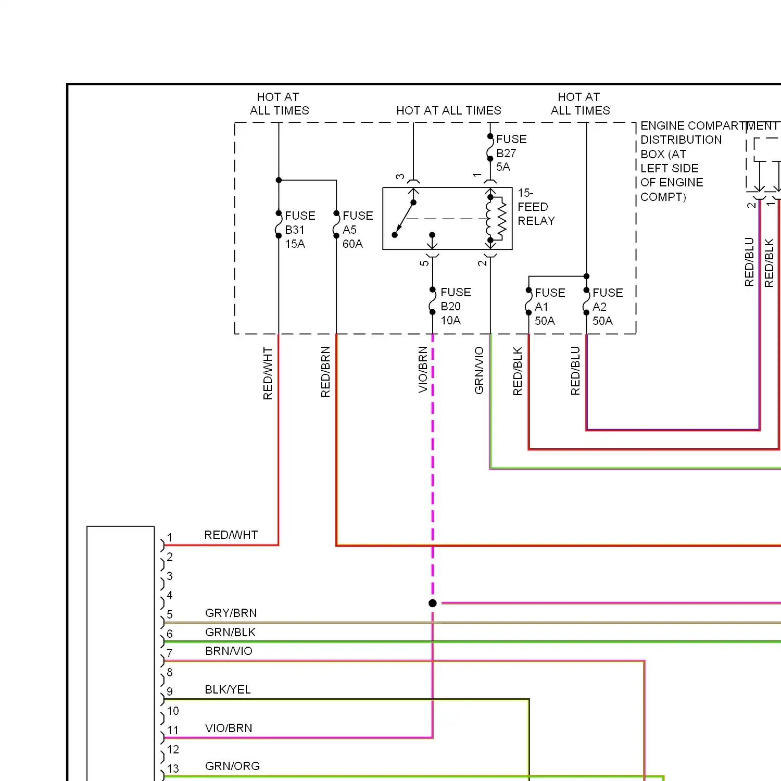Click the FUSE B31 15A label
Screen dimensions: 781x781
tap(300, 230)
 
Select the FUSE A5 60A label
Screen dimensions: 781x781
tap(358, 230)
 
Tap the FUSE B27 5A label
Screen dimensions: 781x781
tap(511, 153)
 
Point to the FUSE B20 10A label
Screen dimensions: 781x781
tap(456, 306)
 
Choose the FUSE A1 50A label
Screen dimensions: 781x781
tap(550, 307)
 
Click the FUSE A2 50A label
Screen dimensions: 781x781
tap(608, 307)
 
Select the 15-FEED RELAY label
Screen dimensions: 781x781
tap(536, 207)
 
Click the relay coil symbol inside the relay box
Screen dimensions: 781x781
tap(496, 219)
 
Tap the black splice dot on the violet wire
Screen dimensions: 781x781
tap(433, 603)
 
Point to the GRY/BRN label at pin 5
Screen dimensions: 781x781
tap(231, 613)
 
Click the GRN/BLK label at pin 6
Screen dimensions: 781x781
tap(230, 632)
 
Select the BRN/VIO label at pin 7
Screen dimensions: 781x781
tap(229, 651)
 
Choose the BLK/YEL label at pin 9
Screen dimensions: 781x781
tap(228, 689)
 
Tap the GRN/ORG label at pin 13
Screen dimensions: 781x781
tap(232, 766)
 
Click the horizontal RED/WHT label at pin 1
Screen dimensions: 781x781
tap(231, 535)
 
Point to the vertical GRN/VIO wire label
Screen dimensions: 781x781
tap(479, 370)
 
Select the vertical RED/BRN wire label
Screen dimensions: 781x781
tap(325, 372)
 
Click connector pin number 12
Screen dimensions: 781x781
tap(173, 749)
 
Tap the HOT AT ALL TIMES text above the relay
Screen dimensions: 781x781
tap(449, 110)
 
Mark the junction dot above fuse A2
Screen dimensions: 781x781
tap(587, 276)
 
